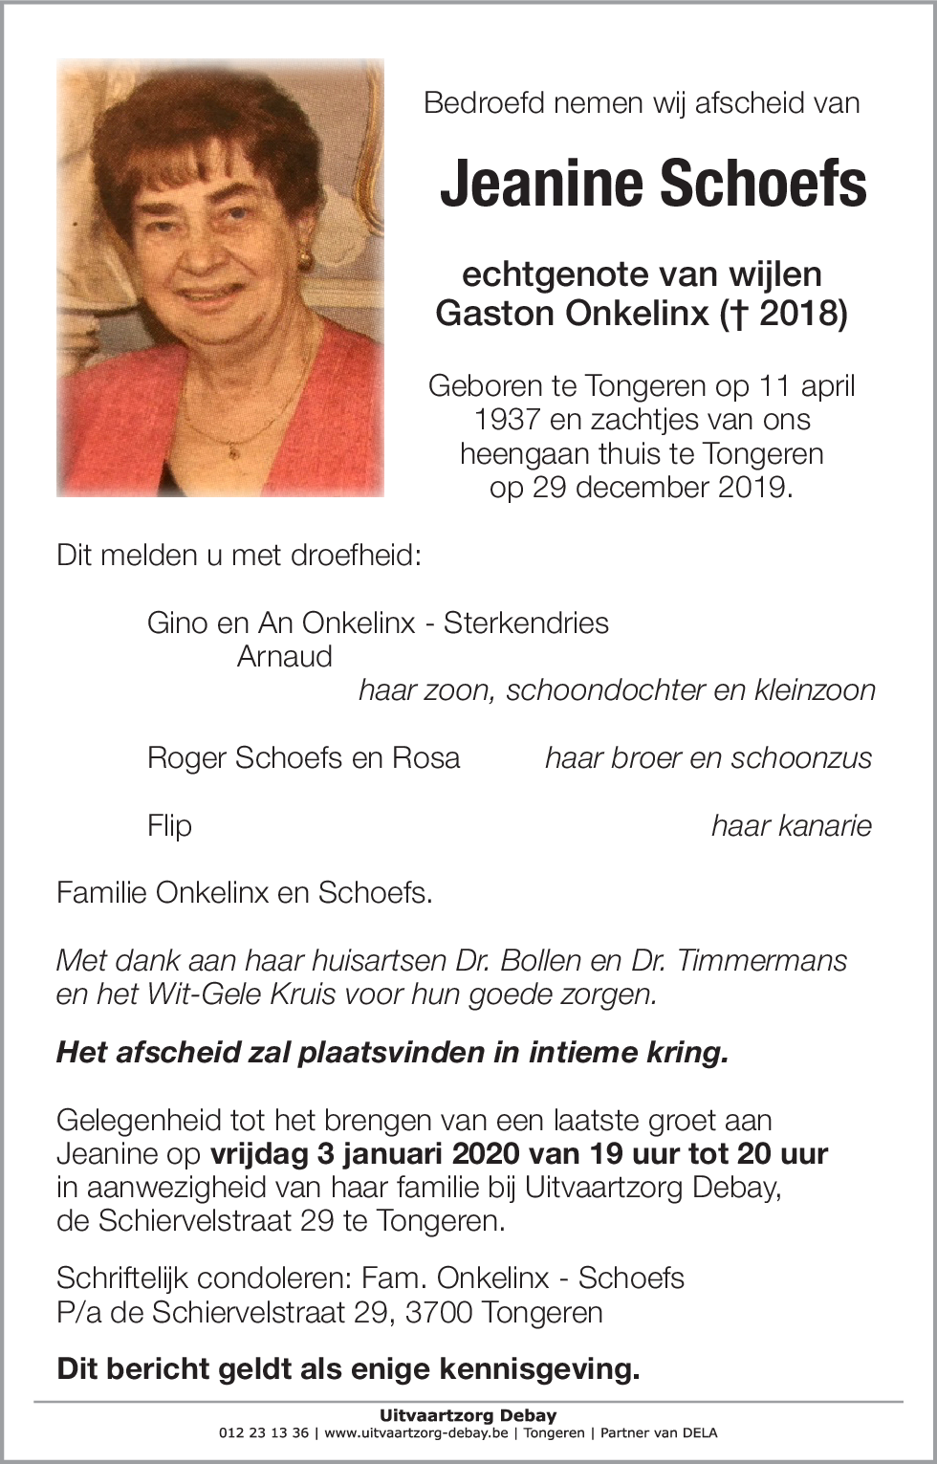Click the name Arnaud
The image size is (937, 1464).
click(x=284, y=657)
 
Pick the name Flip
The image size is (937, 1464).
click(x=169, y=825)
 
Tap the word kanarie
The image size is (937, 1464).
click(x=791, y=825)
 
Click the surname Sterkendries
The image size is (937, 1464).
click(x=526, y=623)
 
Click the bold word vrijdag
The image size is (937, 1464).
click(x=258, y=1154)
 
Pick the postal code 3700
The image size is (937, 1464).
click(x=439, y=1312)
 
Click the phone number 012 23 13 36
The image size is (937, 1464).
click(x=264, y=1433)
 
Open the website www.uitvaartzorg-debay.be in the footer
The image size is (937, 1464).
click(x=416, y=1433)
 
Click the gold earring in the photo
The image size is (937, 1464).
click(x=305, y=258)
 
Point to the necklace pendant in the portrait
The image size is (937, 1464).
click(x=230, y=447)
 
